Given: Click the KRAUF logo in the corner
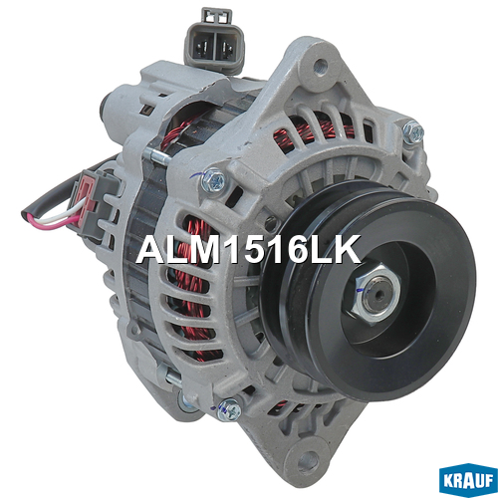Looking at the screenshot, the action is point(467,481).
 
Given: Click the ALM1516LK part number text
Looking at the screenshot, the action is point(248,249).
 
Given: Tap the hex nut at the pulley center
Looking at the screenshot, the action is point(375,293).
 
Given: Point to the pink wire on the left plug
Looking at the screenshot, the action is point(50,222).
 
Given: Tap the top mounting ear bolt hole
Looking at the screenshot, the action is point(320,64).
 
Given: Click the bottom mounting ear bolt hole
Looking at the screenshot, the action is point(308,458).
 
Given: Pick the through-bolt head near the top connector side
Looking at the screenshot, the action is point(214,180).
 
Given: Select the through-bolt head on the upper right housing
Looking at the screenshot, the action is point(413,131).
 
